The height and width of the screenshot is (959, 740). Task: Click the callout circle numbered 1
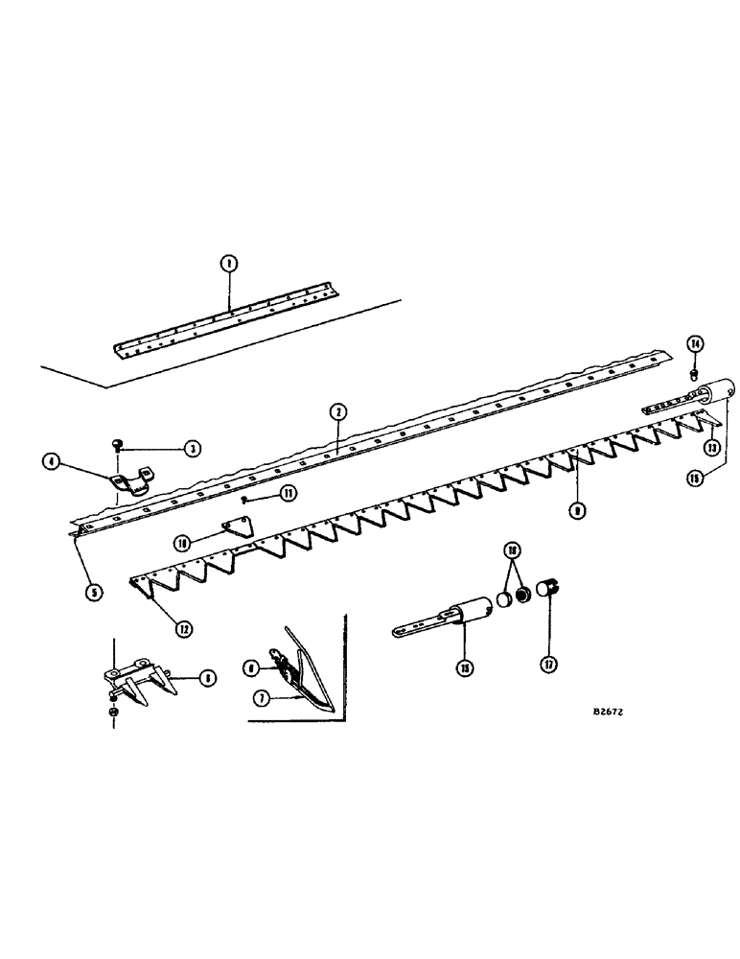(228, 264)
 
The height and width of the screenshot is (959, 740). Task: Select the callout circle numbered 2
(336, 412)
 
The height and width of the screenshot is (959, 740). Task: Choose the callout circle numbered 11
(286, 493)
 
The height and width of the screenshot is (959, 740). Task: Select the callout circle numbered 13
(711, 446)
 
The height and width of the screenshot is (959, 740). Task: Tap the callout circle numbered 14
(695, 344)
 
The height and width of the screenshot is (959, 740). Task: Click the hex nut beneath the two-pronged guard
(114, 713)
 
